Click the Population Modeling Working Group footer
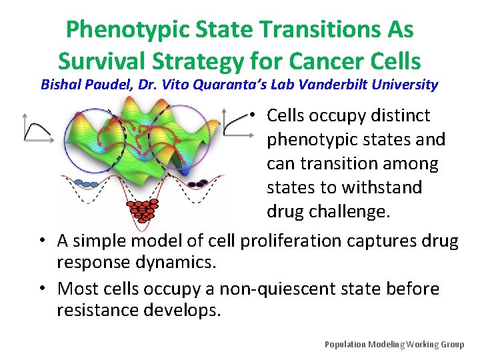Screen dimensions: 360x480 [394, 344]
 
